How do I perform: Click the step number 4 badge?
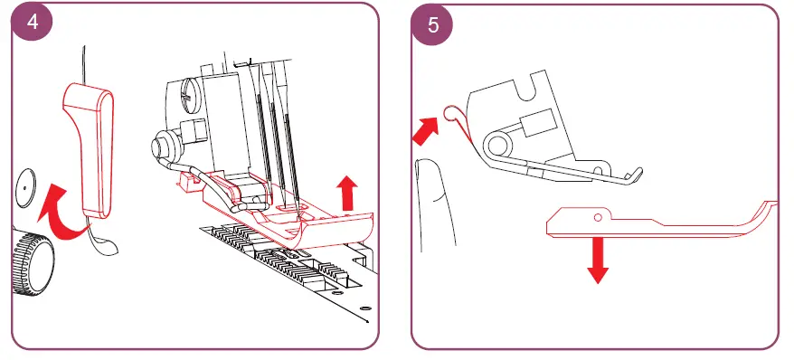coord(32,23)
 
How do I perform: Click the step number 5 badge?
coord(432,24)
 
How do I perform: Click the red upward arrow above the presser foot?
coord(347,193)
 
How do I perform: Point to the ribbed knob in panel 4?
coord(33,263)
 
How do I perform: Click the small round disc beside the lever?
coord(25,188)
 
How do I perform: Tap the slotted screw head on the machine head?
coord(187,94)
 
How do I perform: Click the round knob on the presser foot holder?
coord(163,146)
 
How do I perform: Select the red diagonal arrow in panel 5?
coord(426,130)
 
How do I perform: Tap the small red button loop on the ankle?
coord(449,113)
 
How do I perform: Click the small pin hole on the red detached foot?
coord(598,217)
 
